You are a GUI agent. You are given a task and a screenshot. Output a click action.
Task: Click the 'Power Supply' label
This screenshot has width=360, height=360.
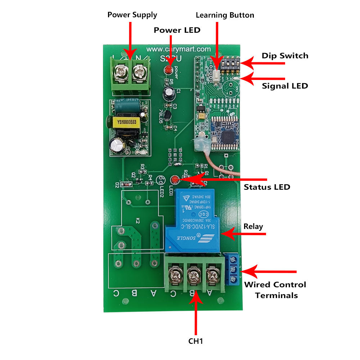(132, 15)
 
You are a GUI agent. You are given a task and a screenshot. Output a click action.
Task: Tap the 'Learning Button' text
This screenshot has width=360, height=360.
(225, 15)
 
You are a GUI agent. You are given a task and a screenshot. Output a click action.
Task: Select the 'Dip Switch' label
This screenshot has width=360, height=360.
(285, 55)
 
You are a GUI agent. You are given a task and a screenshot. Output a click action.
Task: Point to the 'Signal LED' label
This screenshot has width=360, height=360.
(285, 86)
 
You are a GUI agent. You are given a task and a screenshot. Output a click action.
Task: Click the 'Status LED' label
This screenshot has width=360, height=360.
(267, 187)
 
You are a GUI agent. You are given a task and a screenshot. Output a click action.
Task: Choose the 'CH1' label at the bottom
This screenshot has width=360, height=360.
(197, 341)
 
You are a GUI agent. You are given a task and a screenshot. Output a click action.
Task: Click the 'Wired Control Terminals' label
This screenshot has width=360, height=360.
(275, 290)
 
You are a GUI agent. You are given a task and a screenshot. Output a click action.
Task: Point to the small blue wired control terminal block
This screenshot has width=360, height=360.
(232, 269)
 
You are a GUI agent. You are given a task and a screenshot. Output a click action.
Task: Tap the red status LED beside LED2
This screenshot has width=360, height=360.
(175, 179)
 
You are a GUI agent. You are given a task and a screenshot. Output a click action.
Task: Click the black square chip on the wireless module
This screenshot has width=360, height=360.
(228, 136)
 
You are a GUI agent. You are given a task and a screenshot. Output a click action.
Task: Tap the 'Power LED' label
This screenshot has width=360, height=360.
(177, 30)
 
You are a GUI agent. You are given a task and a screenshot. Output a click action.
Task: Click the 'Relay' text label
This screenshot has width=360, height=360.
(253, 226)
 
